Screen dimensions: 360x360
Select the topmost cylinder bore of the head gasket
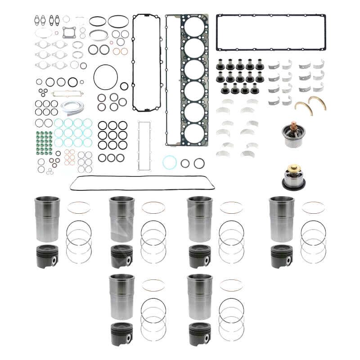194,28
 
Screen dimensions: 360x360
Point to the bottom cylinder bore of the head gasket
194,133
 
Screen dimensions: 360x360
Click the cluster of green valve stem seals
44,141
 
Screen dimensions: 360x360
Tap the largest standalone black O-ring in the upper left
107,75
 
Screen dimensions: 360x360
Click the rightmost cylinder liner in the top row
280,219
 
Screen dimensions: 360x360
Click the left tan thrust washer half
302,107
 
